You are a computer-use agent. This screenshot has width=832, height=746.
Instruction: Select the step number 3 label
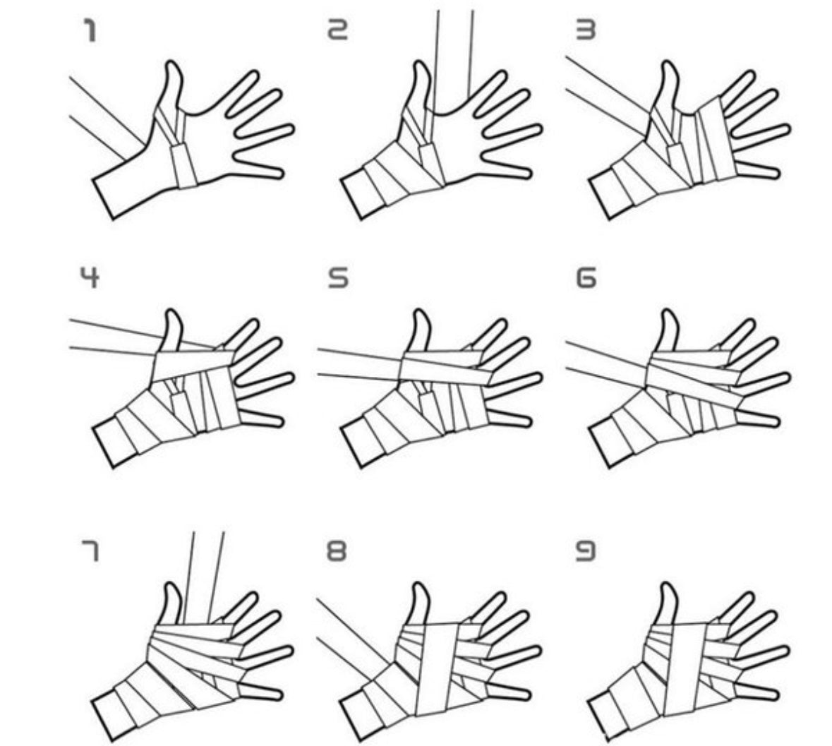pyautogui.click(x=586, y=30)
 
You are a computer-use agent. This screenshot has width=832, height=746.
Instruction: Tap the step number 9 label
pyautogui.click(x=586, y=551)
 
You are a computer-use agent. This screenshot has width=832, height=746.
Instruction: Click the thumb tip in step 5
pyautogui.click(x=421, y=317)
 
